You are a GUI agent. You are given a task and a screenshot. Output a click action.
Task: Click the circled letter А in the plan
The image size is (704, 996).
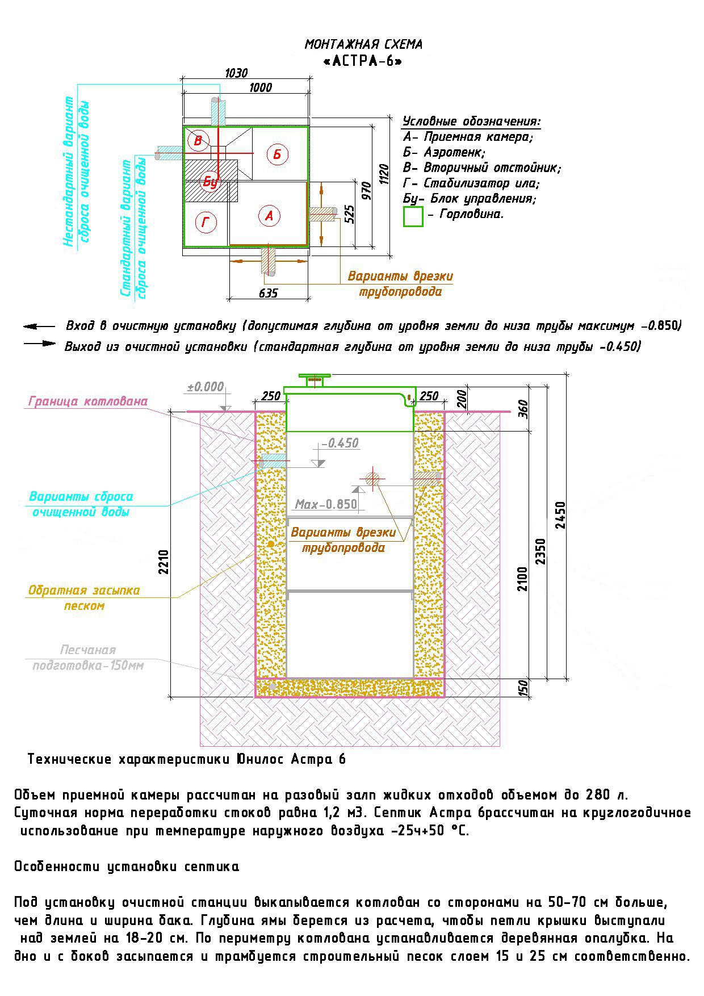click(269, 216)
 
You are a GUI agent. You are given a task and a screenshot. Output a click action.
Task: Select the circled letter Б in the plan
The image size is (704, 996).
click(277, 154)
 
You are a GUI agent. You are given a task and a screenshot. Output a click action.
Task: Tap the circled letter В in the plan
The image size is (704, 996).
click(198, 140)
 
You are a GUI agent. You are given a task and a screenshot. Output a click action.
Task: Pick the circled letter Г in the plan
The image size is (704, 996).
click(206, 223)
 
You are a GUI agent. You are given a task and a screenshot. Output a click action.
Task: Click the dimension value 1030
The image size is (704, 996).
click(236, 73)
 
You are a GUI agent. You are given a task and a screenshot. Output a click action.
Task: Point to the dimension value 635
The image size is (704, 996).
click(268, 293)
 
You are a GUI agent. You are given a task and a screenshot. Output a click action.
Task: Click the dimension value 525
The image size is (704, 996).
click(350, 215)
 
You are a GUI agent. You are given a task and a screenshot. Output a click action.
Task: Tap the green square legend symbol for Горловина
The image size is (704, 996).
click(413, 216)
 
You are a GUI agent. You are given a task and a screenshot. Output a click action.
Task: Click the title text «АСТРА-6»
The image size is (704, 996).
click(363, 61)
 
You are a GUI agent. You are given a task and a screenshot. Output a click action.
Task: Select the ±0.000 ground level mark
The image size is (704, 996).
click(206, 387)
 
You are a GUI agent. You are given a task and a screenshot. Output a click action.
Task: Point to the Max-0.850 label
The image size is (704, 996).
click(326, 504)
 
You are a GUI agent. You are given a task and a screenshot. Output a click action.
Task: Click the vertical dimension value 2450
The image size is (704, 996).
click(560, 515)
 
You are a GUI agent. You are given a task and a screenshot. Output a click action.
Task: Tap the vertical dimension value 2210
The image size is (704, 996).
click(164, 562)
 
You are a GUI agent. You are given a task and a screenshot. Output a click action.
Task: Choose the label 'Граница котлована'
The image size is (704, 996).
click(88, 401)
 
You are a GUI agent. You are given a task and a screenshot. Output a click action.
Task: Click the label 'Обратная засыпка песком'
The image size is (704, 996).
click(84, 598)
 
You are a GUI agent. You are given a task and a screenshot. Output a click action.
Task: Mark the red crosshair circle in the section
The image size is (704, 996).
click(372, 478)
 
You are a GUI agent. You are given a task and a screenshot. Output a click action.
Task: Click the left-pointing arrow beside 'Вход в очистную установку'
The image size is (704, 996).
click(39, 327)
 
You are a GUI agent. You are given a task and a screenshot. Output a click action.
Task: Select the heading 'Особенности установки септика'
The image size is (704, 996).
click(127, 867)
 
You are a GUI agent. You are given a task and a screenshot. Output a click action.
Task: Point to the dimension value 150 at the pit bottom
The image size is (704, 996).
click(523, 687)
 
